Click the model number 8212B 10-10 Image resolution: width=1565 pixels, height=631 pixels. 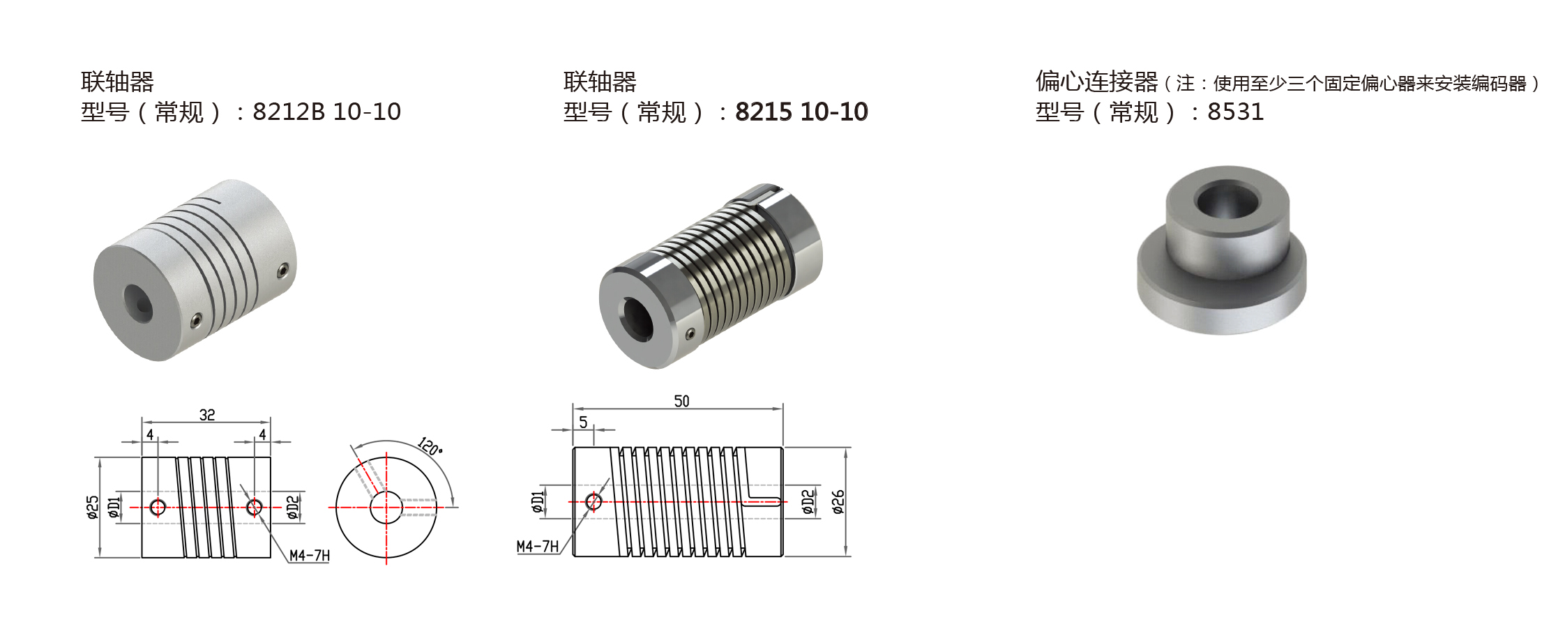[326, 112]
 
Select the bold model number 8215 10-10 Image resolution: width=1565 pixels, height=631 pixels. [801, 112]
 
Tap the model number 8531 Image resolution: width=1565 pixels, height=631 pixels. [1235, 112]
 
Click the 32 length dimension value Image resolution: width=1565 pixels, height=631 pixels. [207, 415]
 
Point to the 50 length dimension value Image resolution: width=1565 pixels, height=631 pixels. [681, 401]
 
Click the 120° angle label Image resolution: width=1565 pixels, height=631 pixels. [430, 446]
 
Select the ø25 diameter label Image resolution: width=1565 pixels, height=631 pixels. [92, 508]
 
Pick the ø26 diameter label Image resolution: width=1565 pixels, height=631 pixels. [838, 502]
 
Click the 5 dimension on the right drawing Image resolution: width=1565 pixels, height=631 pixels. [583, 423]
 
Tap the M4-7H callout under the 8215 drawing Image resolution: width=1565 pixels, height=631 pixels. [538, 547]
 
